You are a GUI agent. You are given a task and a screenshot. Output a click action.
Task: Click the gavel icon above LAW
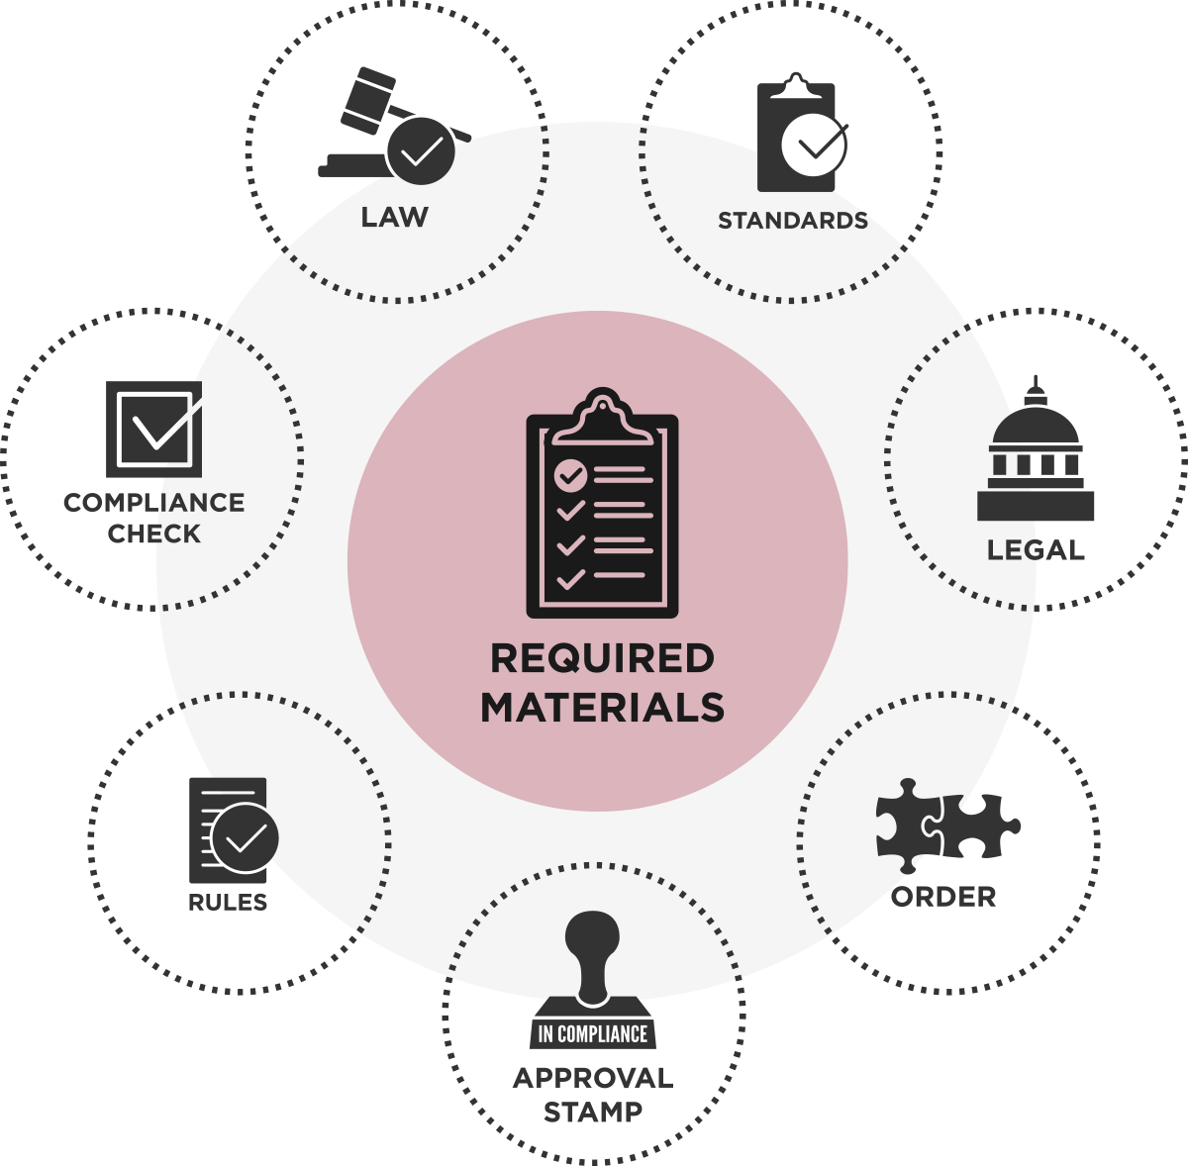[x=395, y=125]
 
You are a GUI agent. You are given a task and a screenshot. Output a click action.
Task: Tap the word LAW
[x=395, y=218]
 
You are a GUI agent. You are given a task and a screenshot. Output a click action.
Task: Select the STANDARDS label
[x=793, y=221]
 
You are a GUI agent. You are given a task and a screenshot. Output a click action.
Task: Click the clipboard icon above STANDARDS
[x=802, y=132]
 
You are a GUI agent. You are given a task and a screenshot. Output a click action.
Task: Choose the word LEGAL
[x=1036, y=550]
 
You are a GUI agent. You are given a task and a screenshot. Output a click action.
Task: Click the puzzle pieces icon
[x=947, y=826]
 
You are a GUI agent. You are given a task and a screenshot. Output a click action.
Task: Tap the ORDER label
[x=943, y=897]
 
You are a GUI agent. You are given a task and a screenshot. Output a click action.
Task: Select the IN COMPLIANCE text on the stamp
[x=592, y=1034]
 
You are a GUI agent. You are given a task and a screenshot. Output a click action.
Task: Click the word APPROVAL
[x=592, y=1079]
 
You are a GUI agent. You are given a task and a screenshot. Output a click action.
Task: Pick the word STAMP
[x=592, y=1113]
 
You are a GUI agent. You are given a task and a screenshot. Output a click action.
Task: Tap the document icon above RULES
[x=234, y=830]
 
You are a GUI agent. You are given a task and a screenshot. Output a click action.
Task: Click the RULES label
[x=228, y=903]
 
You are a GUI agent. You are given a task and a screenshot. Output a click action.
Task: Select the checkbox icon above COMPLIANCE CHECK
[x=154, y=430]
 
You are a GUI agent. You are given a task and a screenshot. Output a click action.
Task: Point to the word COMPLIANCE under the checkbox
[x=154, y=503]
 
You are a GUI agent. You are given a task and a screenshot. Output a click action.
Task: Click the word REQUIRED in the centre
[x=602, y=658]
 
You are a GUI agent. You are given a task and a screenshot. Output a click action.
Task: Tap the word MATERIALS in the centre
[x=602, y=708]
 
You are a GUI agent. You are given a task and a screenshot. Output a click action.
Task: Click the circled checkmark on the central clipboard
[x=571, y=475]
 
